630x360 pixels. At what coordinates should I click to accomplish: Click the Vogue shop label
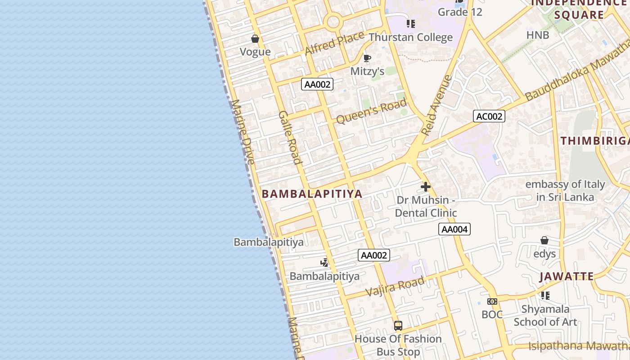point(255,52)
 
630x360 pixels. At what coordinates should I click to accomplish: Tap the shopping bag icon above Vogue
point(255,39)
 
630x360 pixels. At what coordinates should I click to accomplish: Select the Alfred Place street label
point(334,43)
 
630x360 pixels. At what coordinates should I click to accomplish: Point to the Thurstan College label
point(410,37)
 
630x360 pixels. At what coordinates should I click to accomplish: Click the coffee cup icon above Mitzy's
point(367,58)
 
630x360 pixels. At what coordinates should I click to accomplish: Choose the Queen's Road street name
point(371,112)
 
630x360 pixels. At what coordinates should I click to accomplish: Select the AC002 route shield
point(489,117)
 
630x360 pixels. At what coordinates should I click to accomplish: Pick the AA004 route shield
point(454,229)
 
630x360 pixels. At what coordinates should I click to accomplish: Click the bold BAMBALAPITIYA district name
point(312,194)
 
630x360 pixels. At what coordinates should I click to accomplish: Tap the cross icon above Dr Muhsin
point(426,186)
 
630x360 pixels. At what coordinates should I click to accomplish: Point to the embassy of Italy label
point(565,190)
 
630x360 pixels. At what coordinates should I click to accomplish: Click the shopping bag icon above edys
point(544,240)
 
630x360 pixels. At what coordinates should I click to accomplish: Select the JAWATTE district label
point(567,276)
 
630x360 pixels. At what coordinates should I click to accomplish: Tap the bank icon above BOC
point(492,301)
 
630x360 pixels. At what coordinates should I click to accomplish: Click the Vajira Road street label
point(395,287)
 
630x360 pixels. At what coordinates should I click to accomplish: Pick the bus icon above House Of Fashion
point(398,325)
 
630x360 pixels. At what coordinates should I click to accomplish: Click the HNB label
point(538,35)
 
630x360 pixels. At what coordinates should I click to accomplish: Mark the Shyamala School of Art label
point(545,315)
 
